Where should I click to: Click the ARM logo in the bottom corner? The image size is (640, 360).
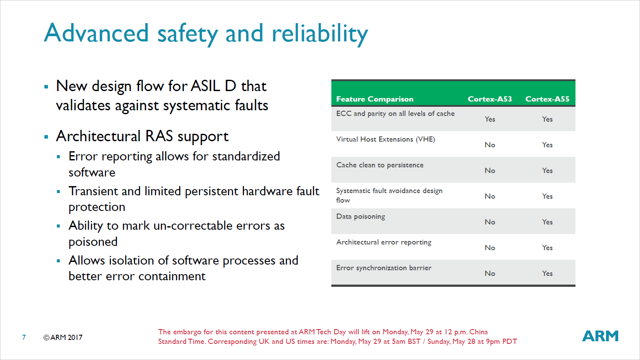(x=600, y=336)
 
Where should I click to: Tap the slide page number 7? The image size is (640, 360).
(x=24, y=337)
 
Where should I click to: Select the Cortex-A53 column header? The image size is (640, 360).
(x=490, y=99)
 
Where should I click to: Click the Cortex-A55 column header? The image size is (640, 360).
(x=548, y=99)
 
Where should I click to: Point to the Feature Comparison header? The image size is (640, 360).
(x=375, y=99)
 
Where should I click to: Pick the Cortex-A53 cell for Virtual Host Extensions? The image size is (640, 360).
(x=490, y=145)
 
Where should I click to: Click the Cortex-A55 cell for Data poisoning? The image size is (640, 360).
(x=548, y=222)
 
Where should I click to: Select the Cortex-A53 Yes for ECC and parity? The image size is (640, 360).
(x=490, y=119)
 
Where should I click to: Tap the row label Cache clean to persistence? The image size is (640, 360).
(x=380, y=165)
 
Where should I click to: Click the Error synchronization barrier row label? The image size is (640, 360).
(x=384, y=268)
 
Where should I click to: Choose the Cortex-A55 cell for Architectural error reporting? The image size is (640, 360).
(x=548, y=248)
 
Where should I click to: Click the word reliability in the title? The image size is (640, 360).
(x=320, y=34)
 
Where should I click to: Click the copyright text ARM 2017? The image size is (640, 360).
(x=63, y=337)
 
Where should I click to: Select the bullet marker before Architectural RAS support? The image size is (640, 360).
(x=46, y=137)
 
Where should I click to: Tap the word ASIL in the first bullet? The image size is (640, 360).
(x=205, y=86)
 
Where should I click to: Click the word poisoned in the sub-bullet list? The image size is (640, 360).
(x=93, y=242)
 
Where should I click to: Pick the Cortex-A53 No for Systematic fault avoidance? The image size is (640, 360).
(x=490, y=196)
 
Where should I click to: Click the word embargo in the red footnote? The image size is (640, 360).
(x=187, y=332)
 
